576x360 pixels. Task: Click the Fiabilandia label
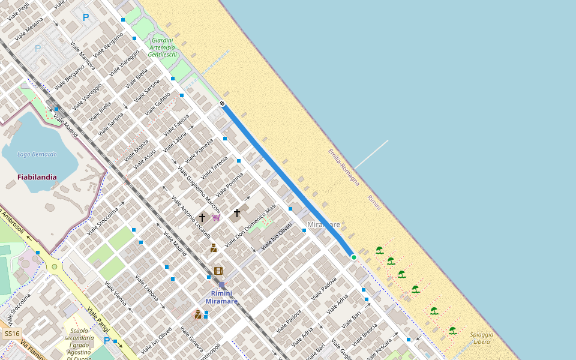click(x=37, y=177)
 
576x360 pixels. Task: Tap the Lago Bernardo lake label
click(x=37, y=154)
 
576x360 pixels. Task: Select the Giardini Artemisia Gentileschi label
click(x=163, y=47)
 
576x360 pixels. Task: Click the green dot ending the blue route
click(x=354, y=257)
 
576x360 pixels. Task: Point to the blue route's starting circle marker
click(x=223, y=104)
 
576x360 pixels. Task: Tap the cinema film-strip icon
click(x=218, y=271)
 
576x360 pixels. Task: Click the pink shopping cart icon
click(x=216, y=217)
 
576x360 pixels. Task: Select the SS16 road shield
click(x=12, y=334)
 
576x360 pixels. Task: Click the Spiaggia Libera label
click(x=481, y=338)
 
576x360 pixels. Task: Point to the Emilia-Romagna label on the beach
click(x=344, y=167)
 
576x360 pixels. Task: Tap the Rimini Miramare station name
click(x=221, y=297)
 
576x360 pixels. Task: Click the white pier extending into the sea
click(x=371, y=154)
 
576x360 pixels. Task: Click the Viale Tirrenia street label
click(x=214, y=168)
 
